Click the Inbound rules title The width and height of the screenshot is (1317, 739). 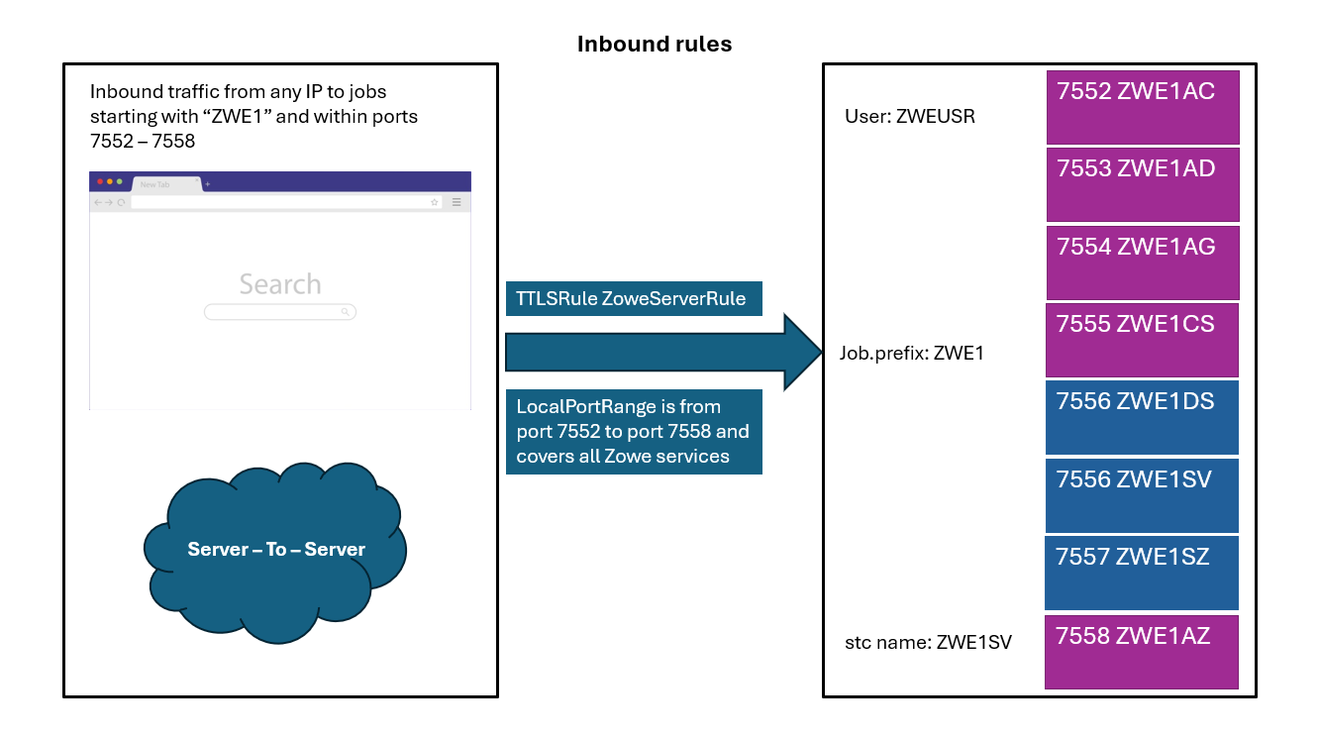[x=655, y=45]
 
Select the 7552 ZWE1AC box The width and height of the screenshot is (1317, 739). [x=1143, y=106]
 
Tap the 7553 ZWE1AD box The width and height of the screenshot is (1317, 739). [x=1143, y=184]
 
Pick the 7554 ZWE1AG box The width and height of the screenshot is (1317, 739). [x=1143, y=262]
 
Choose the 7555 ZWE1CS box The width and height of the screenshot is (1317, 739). [x=1143, y=339]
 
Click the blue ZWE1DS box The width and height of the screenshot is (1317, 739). [x=1142, y=417]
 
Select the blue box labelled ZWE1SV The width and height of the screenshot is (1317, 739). [x=1142, y=494]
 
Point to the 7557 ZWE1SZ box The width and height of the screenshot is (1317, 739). [x=1142, y=572]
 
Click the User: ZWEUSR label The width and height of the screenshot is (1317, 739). [x=909, y=117]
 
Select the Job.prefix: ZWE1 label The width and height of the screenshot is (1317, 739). [x=911, y=353]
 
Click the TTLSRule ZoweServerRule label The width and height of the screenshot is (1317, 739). [x=634, y=299]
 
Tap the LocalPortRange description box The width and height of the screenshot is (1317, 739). [x=634, y=432]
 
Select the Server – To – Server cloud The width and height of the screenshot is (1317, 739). [x=276, y=550]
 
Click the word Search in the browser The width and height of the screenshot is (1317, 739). [x=280, y=284]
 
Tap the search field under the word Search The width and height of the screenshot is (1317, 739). [x=279, y=312]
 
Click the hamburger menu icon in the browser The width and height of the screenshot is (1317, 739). [x=456, y=202]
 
